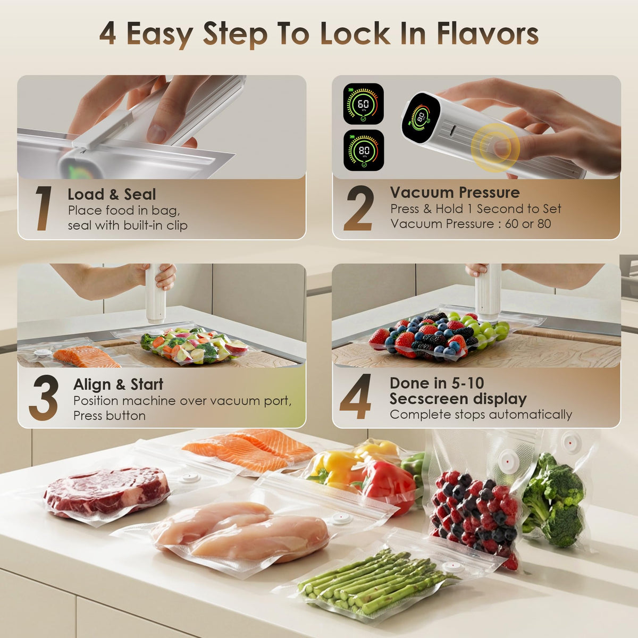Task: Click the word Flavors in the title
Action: [x=488, y=34]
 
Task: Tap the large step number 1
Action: [x=44, y=208]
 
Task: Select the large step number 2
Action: [x=359, y=208]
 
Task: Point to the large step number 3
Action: [x=44, y=397]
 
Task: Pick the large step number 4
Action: [x=356, y=396]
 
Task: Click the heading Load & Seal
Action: [x=112, y=195]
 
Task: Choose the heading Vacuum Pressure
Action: [x=455, y=192]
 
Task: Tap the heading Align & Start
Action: [x=118, y=384]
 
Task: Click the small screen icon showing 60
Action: [x=363, y=104]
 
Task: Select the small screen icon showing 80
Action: [x=364, y=150]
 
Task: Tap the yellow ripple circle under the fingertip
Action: [x=496, y=148]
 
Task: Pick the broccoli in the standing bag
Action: [x=552, y=499]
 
